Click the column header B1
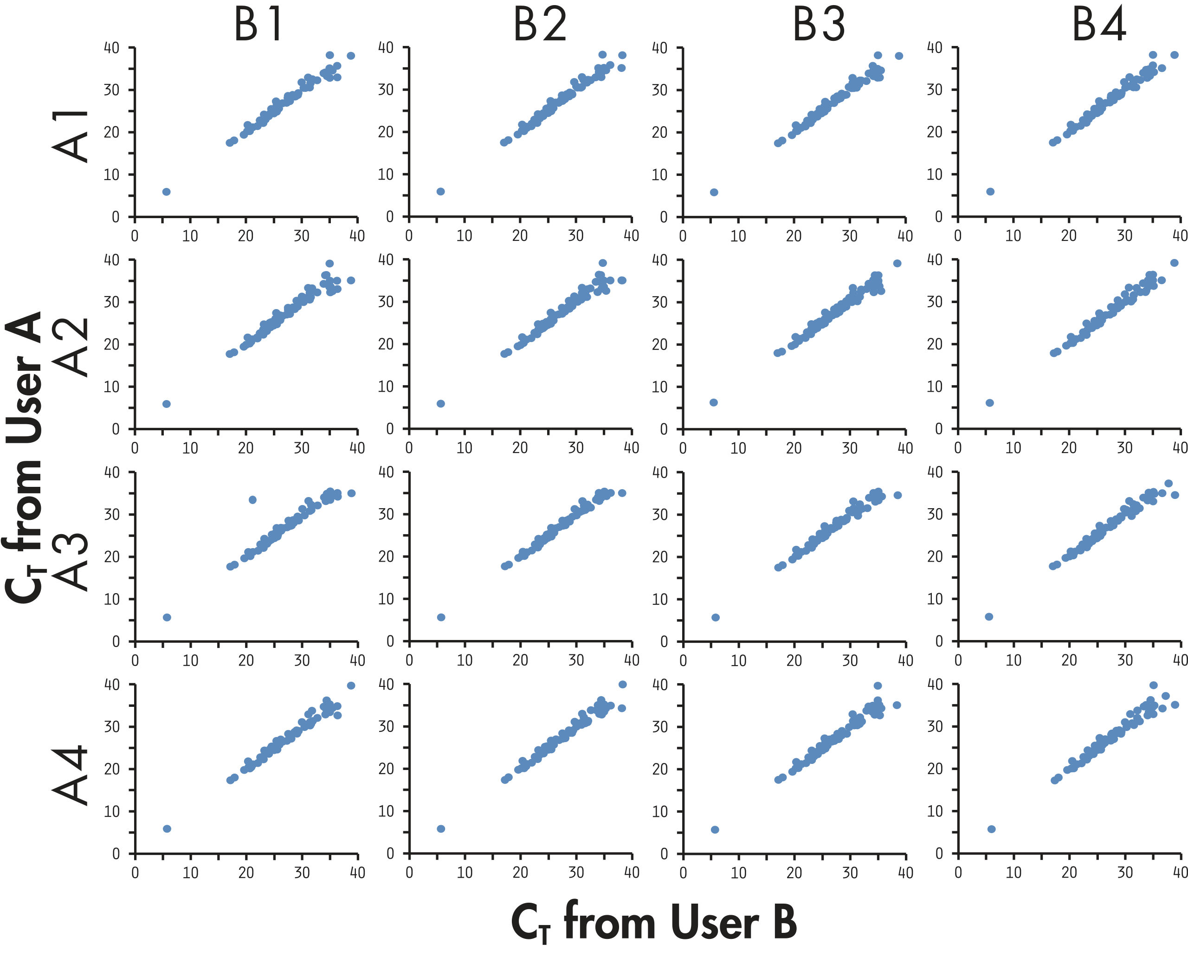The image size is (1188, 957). [x=258, y=26]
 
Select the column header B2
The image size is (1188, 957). [x=540, y=26]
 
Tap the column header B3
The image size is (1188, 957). [x=819, y=26]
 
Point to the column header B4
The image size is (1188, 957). [x=1099, y=26]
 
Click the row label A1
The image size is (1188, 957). [x=70, y=136]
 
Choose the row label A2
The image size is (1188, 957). [x=70, y=347]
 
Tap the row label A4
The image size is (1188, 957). [x=70, y=775]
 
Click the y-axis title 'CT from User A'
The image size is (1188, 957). [x=25, y=458]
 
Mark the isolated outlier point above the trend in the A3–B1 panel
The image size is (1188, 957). [x=252, y=499]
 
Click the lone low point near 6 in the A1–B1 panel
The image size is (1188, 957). [x=167, y=192]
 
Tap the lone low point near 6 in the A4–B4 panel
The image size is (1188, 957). [x=991, y=829]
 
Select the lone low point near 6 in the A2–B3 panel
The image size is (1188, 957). [x=713, y=402]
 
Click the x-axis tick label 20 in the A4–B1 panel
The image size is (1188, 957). [x=246, y=873]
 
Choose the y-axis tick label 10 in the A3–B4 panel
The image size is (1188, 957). [x=935, y=599]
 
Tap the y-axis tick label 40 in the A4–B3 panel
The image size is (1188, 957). [x=660, y=685]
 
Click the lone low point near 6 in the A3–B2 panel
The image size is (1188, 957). [x=441, y=617]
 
